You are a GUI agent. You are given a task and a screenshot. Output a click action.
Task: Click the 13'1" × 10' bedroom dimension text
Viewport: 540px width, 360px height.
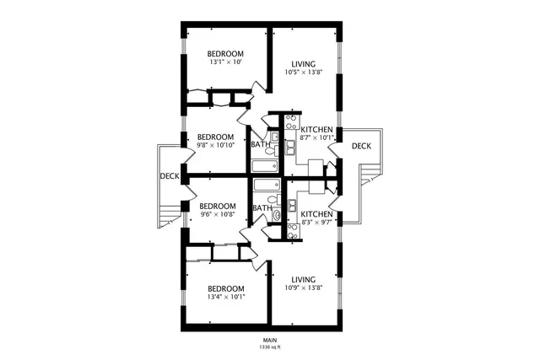[225, 62]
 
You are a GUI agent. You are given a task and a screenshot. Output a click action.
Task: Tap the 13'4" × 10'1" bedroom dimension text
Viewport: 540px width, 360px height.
[226, 296]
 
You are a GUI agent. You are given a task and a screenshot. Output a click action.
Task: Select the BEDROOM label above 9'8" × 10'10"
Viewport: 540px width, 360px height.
[215, 137]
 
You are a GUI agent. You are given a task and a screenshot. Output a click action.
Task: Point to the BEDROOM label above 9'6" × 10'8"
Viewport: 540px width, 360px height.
[217, 206]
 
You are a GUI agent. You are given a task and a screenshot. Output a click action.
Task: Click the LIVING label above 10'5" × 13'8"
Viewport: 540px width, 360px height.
[303, 64]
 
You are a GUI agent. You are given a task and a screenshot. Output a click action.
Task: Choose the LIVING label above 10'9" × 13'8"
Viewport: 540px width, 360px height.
[303, 279]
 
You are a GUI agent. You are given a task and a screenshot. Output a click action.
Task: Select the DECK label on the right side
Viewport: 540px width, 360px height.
[361, 146]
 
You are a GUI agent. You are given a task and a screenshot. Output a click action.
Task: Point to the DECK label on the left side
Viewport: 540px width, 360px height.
[169, 176]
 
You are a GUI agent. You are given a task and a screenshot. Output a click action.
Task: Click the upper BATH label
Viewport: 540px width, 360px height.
[260, 144]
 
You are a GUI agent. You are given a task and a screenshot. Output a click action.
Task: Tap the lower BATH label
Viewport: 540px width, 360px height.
[262, 208]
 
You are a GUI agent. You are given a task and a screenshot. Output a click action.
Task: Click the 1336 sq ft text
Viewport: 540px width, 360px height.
[271, 347]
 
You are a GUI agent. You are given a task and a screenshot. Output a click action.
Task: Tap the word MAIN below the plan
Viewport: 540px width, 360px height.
[271, 340]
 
